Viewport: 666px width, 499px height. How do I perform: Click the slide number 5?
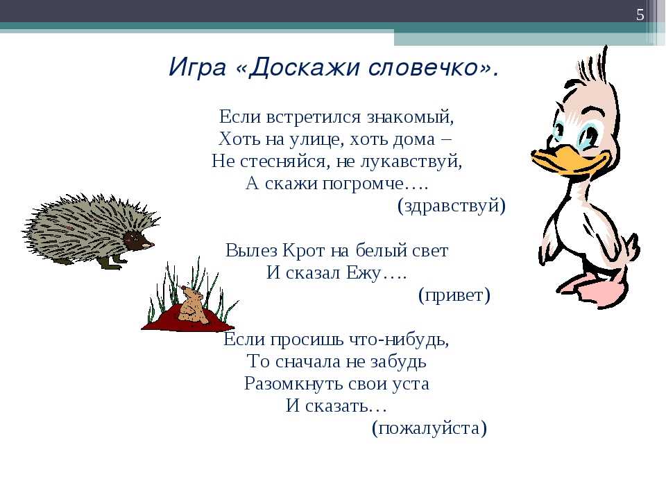(640, 15)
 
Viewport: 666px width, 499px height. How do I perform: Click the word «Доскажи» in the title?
(304, 67)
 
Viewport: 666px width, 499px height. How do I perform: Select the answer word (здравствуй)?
(452, 206)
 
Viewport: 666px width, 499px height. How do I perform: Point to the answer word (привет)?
(454, 295)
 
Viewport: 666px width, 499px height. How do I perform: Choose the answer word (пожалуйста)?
(429, 428)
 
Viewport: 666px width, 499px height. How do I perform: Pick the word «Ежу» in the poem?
(363, 273)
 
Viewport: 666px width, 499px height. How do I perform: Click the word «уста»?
(410, 384)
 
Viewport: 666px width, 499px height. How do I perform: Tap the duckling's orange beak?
(567, 160)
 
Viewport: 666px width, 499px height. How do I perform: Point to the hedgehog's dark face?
(138, 241)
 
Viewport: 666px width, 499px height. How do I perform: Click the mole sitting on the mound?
(192, 304)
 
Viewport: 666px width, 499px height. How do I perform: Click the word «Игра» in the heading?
(197, 68)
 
